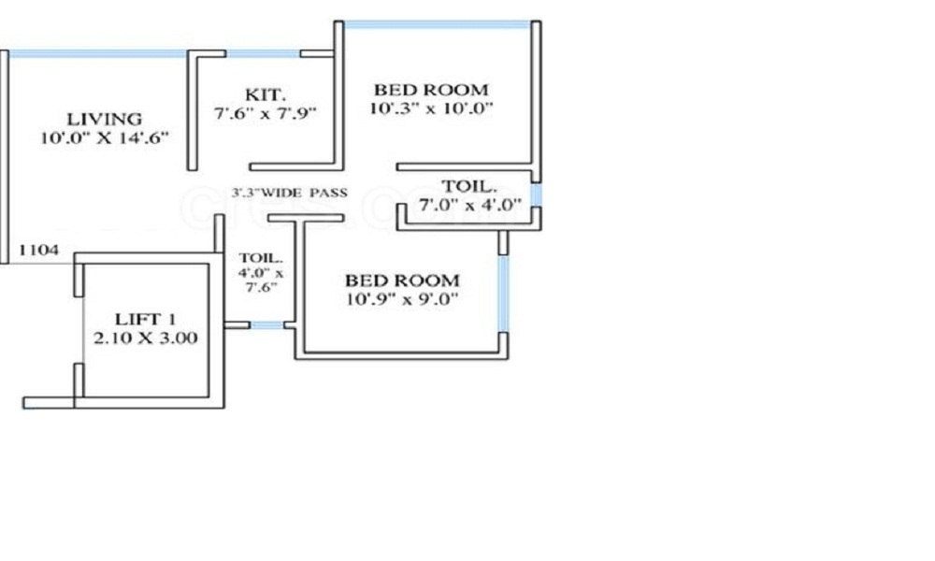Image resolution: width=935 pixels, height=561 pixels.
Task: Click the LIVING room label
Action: pyautogui.click(x=105, y=119)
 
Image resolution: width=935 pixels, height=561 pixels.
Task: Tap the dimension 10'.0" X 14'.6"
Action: pyautogui.click(x=105, y=137)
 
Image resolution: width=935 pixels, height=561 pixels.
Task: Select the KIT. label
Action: pyautogui.click(x=266, y=94)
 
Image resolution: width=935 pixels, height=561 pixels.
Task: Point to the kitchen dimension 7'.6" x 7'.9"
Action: pyautogui.click(x=266, y=113)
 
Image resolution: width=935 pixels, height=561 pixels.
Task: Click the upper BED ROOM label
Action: pyautogui.click(x=431, y=90)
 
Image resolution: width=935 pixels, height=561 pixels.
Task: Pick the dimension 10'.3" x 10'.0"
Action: pyautogui.click(x=431, y=108)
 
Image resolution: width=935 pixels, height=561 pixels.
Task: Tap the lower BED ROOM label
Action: pyautogui.click(x=402, y=280)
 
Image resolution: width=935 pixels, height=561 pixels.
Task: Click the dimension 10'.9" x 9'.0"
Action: pyautogui.click(x=402, y=298)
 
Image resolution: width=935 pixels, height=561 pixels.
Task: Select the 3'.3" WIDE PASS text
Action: pyautogui.click(x=289, y=193)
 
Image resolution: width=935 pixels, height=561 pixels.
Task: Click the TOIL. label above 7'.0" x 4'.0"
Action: pyautogui.click(x=469, y=186)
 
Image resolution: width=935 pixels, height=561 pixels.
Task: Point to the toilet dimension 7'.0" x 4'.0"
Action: pyautogui.click(x=470, y=205)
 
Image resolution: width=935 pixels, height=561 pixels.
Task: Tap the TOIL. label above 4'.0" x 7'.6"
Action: pyautogui.click(x=261, y=258)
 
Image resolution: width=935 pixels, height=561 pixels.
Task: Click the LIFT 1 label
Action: pyautogui.click(x=145, y=319)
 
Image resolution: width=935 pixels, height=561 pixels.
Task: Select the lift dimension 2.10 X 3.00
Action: pyautogui.click(x=146, y=338)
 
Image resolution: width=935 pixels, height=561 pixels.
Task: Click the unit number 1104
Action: pyautogui.click(x=39, y=250)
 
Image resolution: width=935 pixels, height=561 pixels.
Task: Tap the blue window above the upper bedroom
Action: pyautogui.click(x=438, y=25)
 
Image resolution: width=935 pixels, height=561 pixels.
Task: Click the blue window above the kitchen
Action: pyautogui.click(x=263, y=53)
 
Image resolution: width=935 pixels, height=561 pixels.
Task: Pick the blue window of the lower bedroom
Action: pyautogui.click(x=504, y=294)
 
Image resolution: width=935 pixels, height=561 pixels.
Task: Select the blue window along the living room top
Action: pyautogui.click(x=98, y=53)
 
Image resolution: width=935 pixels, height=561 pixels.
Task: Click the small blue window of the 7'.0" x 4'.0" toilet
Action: pyautogui.click(x=537, y=195)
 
